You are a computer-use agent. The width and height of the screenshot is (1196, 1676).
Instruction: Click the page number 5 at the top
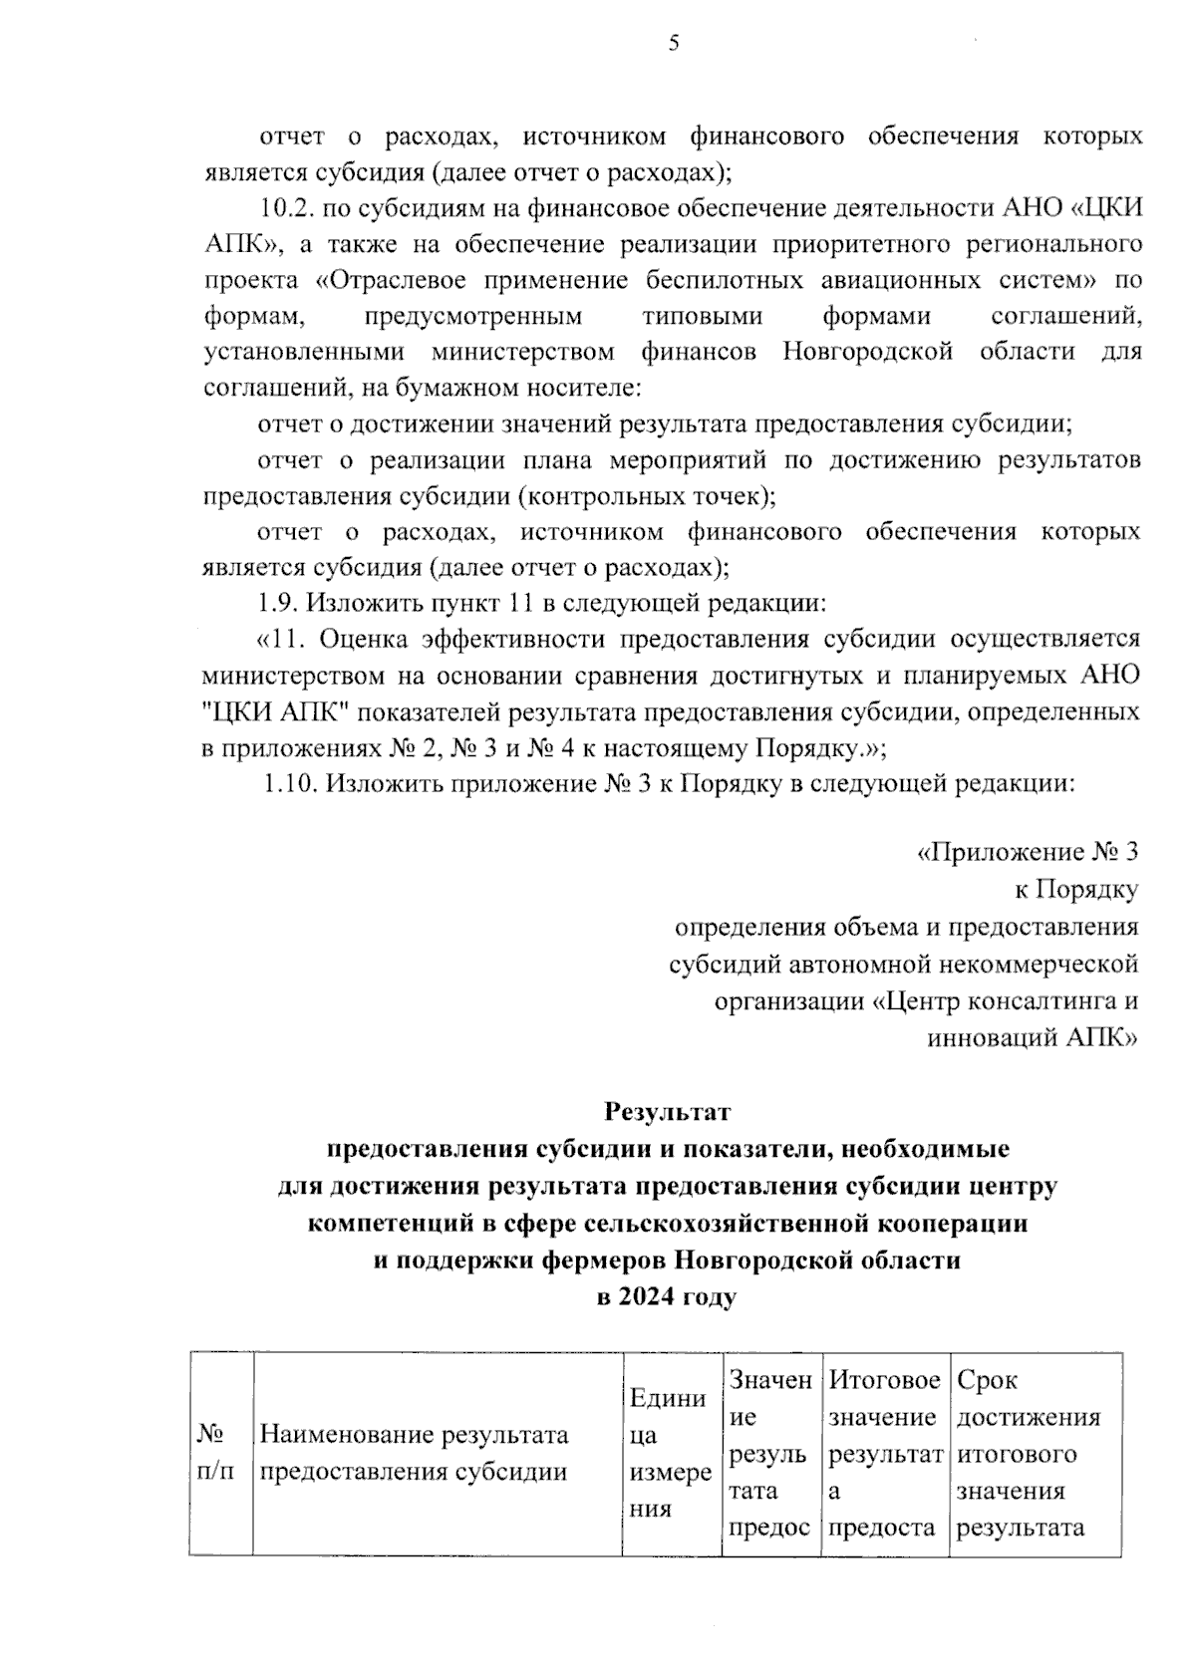point(674,43)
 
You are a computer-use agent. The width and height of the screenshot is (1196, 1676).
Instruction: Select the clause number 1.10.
point(290,783)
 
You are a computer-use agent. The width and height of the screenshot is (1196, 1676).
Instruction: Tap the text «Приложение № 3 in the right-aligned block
point(1028,852)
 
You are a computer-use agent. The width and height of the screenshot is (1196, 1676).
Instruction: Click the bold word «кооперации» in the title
point(955,1223)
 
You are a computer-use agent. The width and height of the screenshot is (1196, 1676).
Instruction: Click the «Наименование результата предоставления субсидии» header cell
point(414,1453)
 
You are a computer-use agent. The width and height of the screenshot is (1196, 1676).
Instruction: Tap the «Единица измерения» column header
point(671,1453)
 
